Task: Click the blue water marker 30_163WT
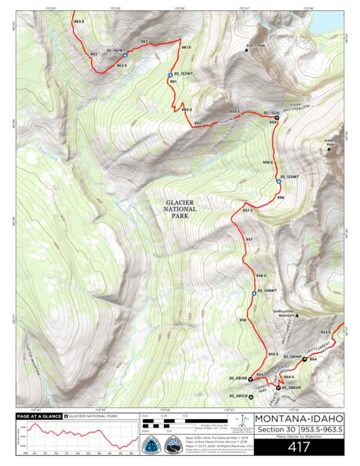click(x=124, y=56)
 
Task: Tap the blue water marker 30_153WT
click(x=170, y=76)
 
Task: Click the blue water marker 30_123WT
click(x=278, y=180)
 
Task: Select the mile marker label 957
click(x=249, y=239)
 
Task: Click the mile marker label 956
click(x=243, y=320)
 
